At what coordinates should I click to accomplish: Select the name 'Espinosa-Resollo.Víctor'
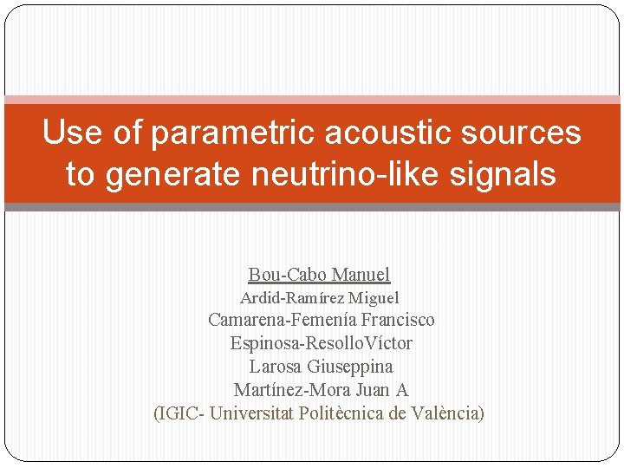[321, 343]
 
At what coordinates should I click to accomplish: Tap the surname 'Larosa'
[276, 367]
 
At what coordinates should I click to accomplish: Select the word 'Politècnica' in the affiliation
[341, 413]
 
